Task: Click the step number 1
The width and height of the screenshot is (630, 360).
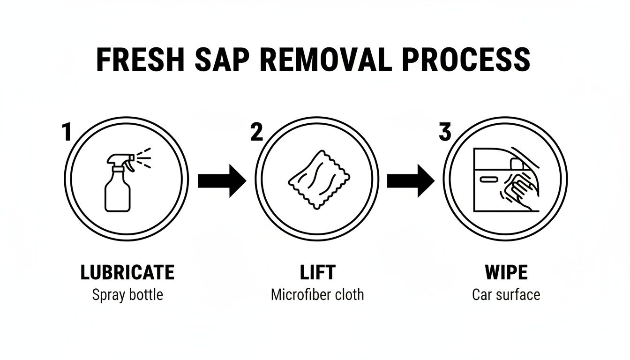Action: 67,132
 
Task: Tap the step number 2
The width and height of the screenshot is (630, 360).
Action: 257,132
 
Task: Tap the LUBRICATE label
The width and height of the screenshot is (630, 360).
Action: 127,272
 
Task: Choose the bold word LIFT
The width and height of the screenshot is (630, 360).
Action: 318,272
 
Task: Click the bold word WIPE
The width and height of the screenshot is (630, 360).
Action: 506,272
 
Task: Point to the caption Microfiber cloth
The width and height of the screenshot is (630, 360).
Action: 317,294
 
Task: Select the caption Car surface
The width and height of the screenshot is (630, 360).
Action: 506,294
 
